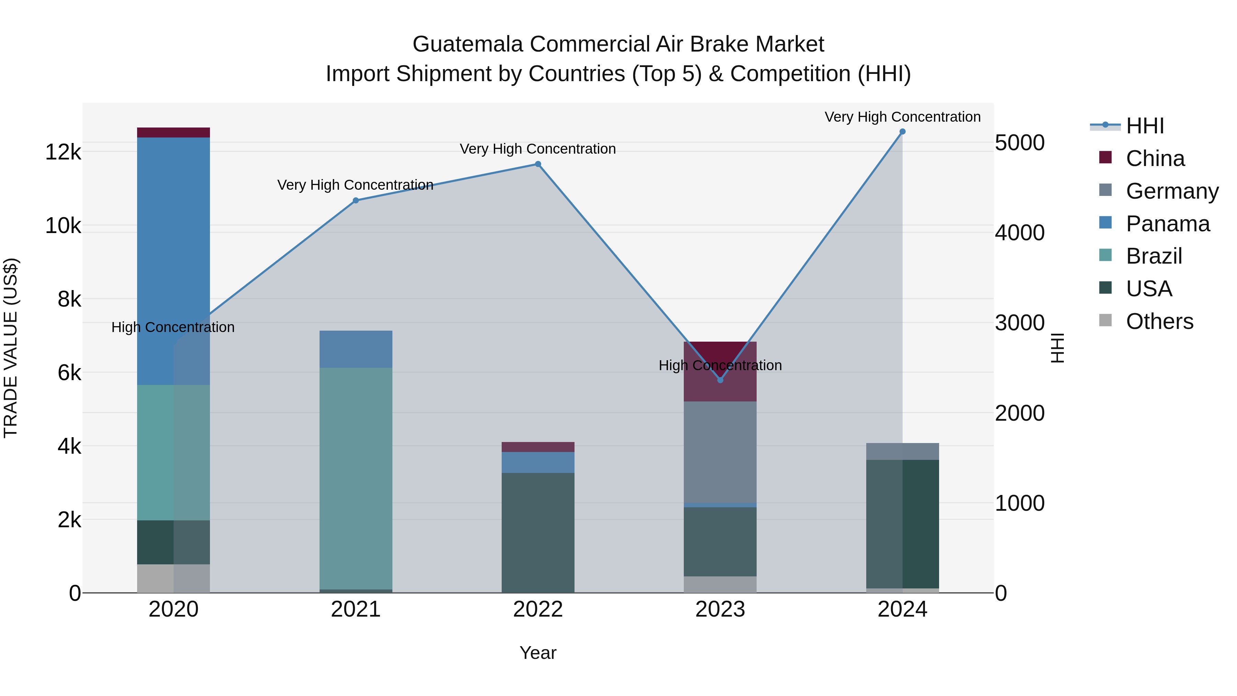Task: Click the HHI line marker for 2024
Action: pyautogui.click(x=902, y=132)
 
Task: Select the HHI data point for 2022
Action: pyautogui.click(x=538, y=164)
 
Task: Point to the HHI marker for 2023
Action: pyautogui.click(x=720, y=380)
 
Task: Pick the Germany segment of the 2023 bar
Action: pyautogui.click(x=720, y=452)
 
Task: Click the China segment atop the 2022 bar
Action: pyautogui.click(x=538, y=447)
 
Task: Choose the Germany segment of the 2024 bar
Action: pyautogui.click(x=902, y=452)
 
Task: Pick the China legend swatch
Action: pyautogui.click(x=1105, y=157)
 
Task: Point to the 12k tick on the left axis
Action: pyautogui.click(x=63, y=152)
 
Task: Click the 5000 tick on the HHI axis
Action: pyautogui.click(x=1019, y=143)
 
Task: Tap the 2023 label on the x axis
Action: pyautogui.click(x=720, y=609)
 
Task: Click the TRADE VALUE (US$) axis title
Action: pyautogui.click(x=11, y=348)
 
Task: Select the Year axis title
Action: pyautogui.click(x=538, y=653)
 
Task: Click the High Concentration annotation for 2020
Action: pyautogui.click(x=173, y=327)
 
